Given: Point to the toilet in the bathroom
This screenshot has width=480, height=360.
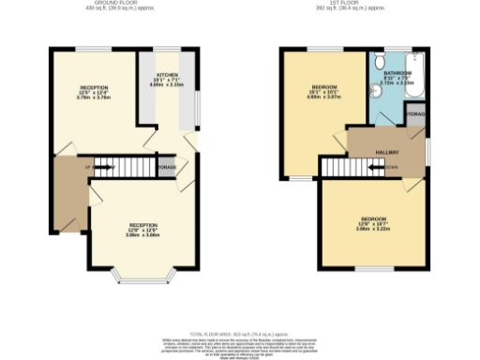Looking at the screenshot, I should (x=380, y=60).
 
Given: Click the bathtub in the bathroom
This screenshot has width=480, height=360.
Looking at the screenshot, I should (x=417, y=77).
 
